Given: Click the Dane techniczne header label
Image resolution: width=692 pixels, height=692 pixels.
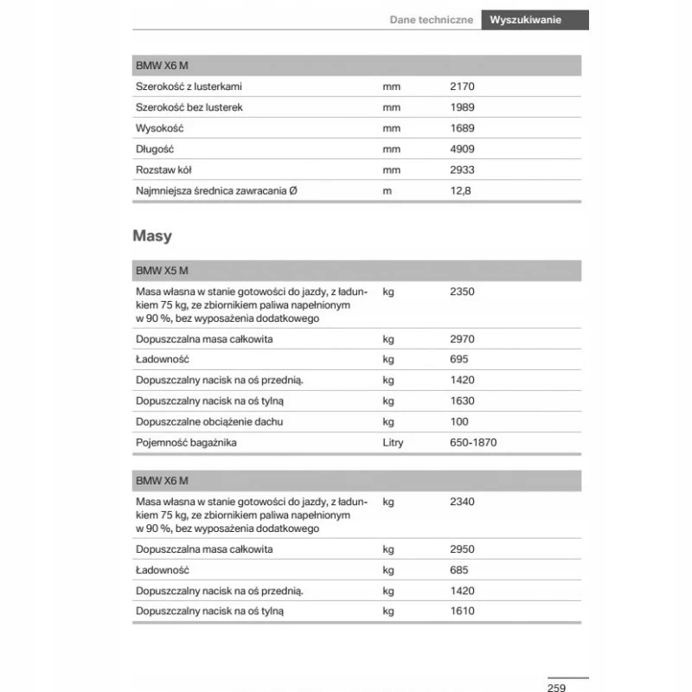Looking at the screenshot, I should tap(431, 19).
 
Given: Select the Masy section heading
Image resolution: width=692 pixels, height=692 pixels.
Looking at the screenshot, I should tap(152, 235).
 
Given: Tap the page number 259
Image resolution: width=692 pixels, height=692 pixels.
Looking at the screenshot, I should tap(556, 687).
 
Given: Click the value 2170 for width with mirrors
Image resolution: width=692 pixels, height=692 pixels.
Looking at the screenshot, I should tap(463, 86).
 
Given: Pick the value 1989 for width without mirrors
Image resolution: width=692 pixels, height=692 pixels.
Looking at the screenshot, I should tap(463, 107).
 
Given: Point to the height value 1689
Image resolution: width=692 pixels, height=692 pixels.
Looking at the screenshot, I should tap(463, 128).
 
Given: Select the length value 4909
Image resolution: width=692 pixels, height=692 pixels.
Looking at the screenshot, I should tap(463, 149).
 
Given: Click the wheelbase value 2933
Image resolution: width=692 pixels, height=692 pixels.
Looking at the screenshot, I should tap(463, 170).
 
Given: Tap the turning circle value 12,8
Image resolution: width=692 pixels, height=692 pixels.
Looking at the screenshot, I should tap(460, 190).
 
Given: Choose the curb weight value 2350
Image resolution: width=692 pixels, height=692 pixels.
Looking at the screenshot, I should tap(463, 292).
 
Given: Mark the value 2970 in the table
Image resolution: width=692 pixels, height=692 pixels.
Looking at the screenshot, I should tap(463, 339).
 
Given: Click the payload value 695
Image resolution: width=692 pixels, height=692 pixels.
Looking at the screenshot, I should tap(459, 359).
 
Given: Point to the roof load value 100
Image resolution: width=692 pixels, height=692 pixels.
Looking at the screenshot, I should tap(459, 421).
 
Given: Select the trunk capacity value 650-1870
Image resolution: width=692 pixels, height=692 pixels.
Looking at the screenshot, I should tap(473, 442).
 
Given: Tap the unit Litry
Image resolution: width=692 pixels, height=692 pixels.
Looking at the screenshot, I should tap(394, 442).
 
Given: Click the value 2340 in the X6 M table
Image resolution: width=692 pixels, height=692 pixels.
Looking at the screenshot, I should tap(463, 502).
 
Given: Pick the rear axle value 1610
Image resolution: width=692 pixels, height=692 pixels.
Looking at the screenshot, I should tap(463, 611).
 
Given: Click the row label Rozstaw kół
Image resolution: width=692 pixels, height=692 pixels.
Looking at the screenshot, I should tap(163, 170).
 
